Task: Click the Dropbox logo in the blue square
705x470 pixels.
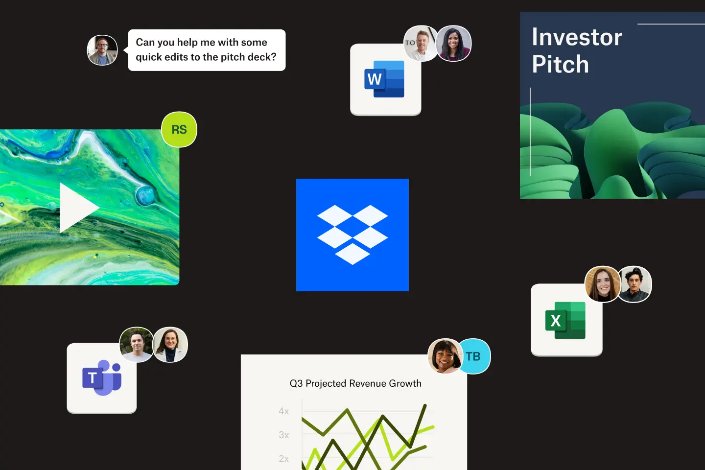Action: [352, 235]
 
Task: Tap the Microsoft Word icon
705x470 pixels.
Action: [384, 79]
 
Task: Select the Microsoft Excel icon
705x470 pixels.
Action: [565, 321]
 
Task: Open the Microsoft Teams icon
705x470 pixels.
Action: [102, 377]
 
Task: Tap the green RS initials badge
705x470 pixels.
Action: [179, 129]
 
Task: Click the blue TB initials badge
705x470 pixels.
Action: [474, 356]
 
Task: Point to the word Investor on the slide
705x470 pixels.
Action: [577, 37]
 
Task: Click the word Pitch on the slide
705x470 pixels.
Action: [560, 64]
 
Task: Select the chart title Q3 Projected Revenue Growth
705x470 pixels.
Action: [355, 383]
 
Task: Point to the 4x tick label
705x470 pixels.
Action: [283, 411]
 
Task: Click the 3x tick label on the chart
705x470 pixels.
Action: [283, 435]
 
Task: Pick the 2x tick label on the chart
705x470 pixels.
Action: [283, 459]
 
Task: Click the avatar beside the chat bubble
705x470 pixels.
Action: [102, 50]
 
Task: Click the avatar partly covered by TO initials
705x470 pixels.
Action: [421, 44]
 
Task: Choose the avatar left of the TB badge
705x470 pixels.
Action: [445, 356]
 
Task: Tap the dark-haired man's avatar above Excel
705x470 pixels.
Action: [634, 284]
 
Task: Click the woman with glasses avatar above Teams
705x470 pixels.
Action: [170, 345]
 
